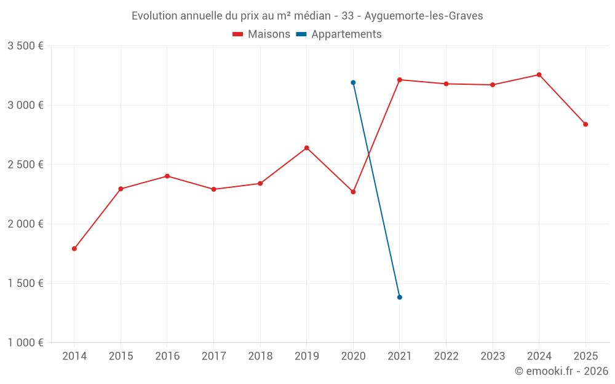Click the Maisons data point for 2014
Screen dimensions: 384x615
74,249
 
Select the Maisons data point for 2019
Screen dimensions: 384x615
307,148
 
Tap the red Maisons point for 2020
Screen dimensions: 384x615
353,192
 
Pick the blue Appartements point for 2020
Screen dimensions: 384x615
353,82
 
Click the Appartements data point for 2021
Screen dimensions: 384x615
400,297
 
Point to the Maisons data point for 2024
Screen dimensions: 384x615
539,75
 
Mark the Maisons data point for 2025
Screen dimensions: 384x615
585,125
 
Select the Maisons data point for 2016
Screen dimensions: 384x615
167,176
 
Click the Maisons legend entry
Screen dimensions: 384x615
261,34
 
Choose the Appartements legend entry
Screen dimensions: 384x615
339,34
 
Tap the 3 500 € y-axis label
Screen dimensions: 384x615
25,46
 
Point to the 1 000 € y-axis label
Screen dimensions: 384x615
25,343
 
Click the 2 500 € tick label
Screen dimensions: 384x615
25,165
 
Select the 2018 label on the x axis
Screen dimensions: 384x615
260,356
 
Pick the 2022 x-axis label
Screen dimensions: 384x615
446,356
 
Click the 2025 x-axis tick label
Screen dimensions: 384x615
585,356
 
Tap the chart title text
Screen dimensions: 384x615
307,16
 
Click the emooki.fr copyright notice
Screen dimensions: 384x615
561,371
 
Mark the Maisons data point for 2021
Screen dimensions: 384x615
400,80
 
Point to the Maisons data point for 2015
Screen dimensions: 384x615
121,189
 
